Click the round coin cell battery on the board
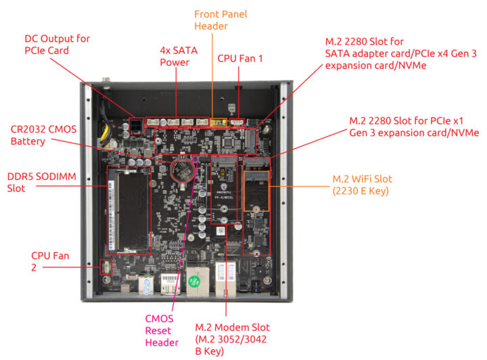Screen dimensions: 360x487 (182, 170)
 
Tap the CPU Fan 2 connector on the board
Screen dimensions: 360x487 (106, 267)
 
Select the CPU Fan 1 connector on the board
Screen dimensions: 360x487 (237, 123)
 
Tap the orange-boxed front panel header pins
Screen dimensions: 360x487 (218, 123)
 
